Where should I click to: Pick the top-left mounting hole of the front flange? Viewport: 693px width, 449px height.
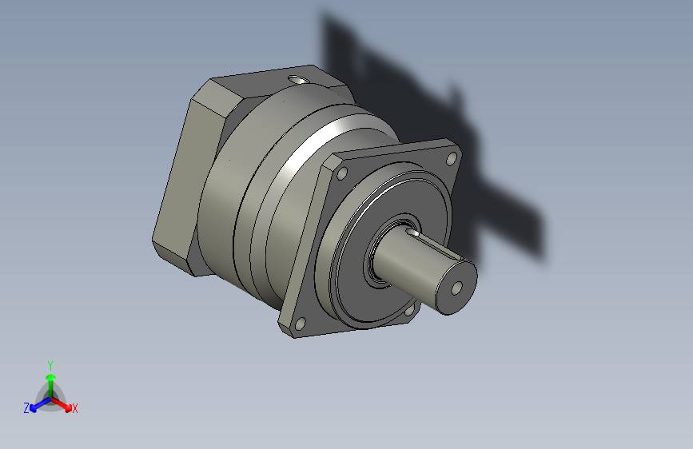click(x=343, y=173)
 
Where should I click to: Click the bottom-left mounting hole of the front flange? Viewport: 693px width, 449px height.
click(x=301, y=323)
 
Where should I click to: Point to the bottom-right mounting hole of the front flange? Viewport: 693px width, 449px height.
click(x=411, y=310)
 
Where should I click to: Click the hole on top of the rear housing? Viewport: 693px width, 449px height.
click(x=299, y=79)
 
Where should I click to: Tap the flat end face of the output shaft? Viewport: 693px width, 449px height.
click(x=454, y=285)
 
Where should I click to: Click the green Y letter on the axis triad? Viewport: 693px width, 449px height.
click(x=50, y=364)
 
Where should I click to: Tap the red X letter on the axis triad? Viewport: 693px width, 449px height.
click(x=75, y=408)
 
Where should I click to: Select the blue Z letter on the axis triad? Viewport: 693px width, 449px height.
click(x=26, y=407)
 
